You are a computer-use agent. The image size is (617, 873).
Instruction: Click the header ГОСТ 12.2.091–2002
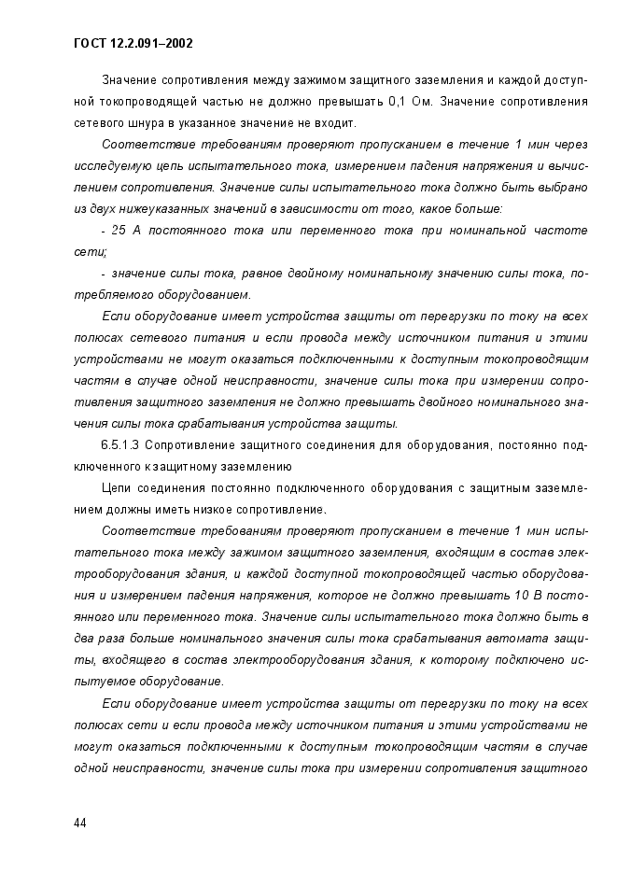pyautogui.click(x=133, y=43)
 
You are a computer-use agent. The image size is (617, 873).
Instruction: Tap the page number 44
pyautogui.click(x=80, y=823)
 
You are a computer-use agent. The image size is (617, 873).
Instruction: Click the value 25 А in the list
pyautogui.click(x=125, y=230)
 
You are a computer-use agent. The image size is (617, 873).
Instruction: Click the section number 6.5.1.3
pyautogui.click(x=119, y=444)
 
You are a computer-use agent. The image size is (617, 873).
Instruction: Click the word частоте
pyautogui.click(x=562, y=230)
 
